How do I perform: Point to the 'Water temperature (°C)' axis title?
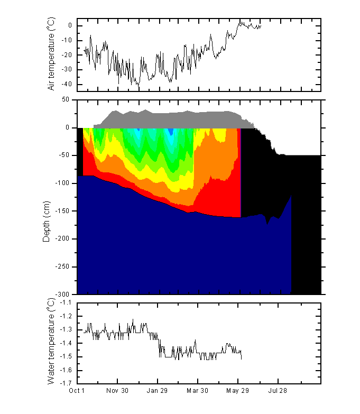pos(51,343)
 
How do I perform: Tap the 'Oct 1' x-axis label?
pos(77,391)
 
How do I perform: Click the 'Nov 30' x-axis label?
pos(117,391)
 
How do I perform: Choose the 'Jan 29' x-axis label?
pos(158,391)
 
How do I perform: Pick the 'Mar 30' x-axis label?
pos(198,391)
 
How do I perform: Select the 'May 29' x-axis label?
pos(238,391)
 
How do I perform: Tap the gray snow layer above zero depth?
pos(174,119)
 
